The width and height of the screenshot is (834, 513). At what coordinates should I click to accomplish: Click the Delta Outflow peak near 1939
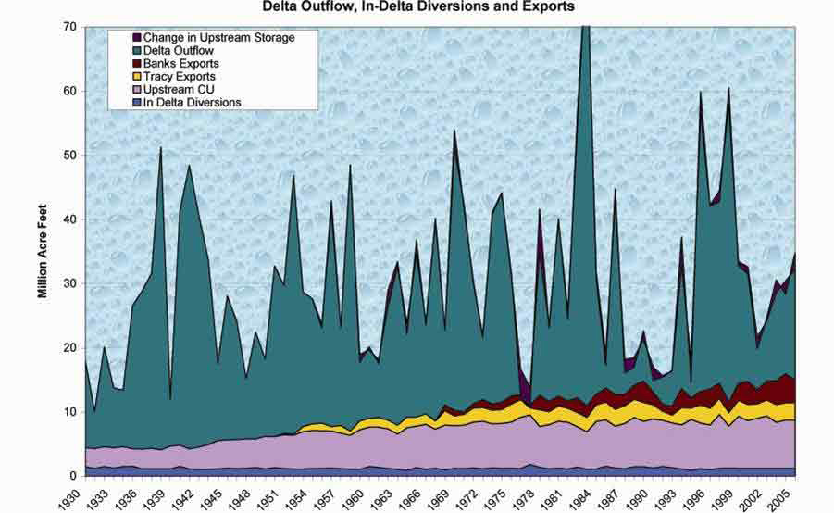[161, 148]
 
